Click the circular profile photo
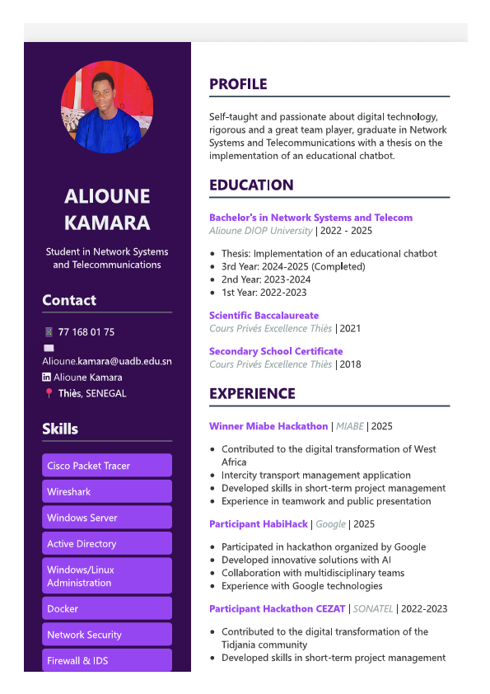(x=107, y=107)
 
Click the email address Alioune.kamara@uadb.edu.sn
(x=107, y=361)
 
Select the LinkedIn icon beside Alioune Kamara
(x=47, y=377)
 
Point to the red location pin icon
(x=49, y=393)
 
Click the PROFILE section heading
(x=238, y=84)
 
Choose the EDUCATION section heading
(x=251, y=185)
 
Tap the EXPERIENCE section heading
(x=252, y=394)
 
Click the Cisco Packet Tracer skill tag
(x=107, y=466)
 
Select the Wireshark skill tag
(x=107, y=492)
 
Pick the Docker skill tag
(x=107, y=609)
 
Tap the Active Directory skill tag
(x=107, y=544)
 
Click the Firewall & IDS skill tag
(x=107, y=661)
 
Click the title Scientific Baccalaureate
(x=264, y=316)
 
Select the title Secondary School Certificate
(x=276, y=351)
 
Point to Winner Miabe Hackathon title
(x=268, y=426)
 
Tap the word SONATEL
(x=372, y=609)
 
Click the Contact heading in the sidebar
(x=69, y=301)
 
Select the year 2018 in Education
(x=351, y=364)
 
